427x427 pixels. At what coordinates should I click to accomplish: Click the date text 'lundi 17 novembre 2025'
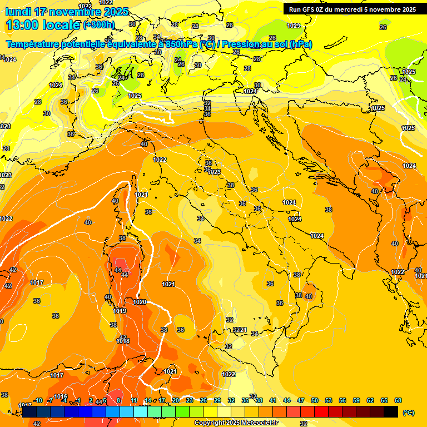coord(67,12)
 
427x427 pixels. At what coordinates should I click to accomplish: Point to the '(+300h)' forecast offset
coord(98,25)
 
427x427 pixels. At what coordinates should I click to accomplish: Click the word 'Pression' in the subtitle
coord(239,44)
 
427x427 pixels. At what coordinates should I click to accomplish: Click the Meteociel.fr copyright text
coord(236,423)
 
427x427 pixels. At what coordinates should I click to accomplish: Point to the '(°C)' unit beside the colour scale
coord(408,413)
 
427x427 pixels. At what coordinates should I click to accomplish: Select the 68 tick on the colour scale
coord(398,400)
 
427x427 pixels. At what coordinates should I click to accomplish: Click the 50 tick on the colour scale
coord(315,400)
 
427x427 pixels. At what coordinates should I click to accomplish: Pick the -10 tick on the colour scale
coord(38,400)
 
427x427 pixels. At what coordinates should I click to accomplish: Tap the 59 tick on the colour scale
coord(356,400)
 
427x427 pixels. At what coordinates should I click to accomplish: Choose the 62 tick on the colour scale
coord(370,400)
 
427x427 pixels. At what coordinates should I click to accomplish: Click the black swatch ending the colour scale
coord(391,411)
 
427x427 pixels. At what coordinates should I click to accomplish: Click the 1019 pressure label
coord(120,311)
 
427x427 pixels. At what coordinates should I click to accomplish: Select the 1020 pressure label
coord(140,302)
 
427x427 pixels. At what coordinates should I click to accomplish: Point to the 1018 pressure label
coord(123,341)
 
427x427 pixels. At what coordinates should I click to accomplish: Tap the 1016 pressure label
coord(61,396)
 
